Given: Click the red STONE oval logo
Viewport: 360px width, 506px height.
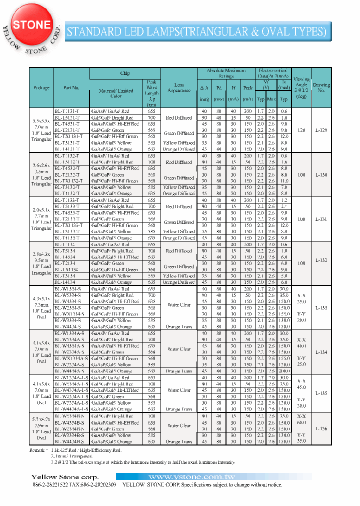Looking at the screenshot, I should [x=31, y=24].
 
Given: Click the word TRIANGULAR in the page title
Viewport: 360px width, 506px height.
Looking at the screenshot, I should [x=219, y=32].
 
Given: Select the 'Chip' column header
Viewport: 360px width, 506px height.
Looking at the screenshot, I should [x=125, y=73].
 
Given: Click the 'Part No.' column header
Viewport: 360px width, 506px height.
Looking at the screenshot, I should [x=71, y=87].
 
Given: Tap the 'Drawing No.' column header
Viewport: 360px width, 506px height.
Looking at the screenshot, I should [x=321, y=88].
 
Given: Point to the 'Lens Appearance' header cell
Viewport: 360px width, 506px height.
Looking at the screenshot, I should [x=179, y=87].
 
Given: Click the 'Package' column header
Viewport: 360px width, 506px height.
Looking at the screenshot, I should [x=41, y=87].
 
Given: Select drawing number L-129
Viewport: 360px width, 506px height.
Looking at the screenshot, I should [x=321, y=130].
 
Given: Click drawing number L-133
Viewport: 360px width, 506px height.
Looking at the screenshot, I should [x=321, y=308].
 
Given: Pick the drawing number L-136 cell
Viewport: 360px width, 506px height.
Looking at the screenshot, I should [x=321, y=428].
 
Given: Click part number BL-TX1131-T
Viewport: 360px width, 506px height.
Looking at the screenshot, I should [x=68, y=136].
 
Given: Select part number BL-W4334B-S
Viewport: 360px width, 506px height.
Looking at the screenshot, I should [x=69, y=441].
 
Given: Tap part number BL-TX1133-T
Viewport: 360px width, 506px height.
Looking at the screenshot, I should [x=68, y=225].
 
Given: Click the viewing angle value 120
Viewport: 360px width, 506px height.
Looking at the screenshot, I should [x=301, y=130].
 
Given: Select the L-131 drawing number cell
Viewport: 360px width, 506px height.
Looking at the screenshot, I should [x=321, y=219].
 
